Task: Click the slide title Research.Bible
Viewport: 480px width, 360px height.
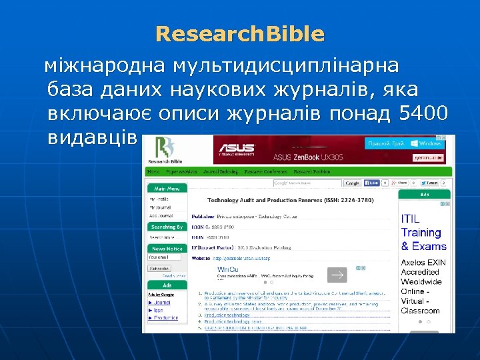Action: (240, 34)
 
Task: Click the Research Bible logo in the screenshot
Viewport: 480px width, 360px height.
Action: (166, 150)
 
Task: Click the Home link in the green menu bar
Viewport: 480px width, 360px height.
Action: (153, 171)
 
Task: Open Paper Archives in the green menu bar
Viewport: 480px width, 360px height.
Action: (181, 171)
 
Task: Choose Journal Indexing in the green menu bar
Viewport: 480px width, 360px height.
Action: (221, 171)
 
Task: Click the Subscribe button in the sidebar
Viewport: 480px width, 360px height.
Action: (159, 269)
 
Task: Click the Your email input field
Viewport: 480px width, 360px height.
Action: (164, 257)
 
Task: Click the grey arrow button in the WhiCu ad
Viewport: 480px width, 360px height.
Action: (339, 275)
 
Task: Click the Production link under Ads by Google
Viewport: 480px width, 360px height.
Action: (166, 318)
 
